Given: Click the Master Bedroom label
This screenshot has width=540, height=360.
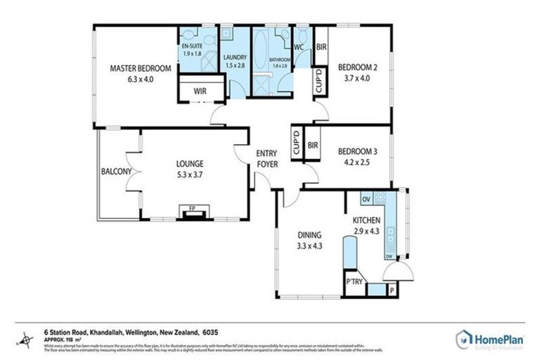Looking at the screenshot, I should [x=141, y=68].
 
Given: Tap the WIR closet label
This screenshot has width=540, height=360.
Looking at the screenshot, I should [x=188, y=91].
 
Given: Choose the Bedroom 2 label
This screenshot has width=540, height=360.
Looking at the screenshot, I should [x=358, y=68].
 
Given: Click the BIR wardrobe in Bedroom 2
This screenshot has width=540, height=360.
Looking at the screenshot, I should [x=321, y=48].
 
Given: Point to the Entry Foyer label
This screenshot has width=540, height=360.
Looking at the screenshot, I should [x=267, y=159].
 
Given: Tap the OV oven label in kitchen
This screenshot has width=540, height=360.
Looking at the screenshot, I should [x=366, y=200].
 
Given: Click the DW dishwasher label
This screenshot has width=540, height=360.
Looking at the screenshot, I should [x=388, y=257].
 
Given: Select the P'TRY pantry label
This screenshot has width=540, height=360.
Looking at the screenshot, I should [x=352, y=282].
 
